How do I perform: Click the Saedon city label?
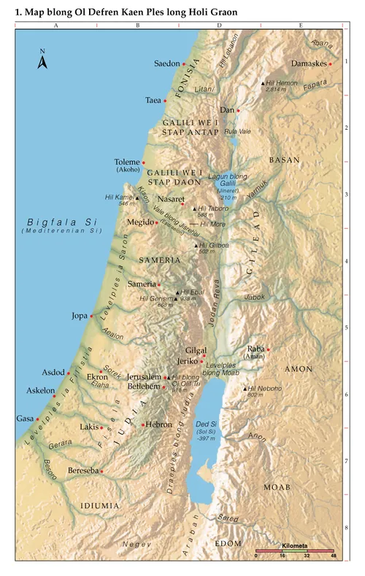tap(166, 64)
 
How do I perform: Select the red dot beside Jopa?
tap(91, 316)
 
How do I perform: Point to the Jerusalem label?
tap(144, 376)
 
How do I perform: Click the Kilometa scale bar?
tap(294, 549)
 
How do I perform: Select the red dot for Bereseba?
tap(102, 471)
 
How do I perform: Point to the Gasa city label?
tap(24, 419)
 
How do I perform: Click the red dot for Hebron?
tap(142, 424)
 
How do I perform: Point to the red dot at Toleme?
tap(144, 163)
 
